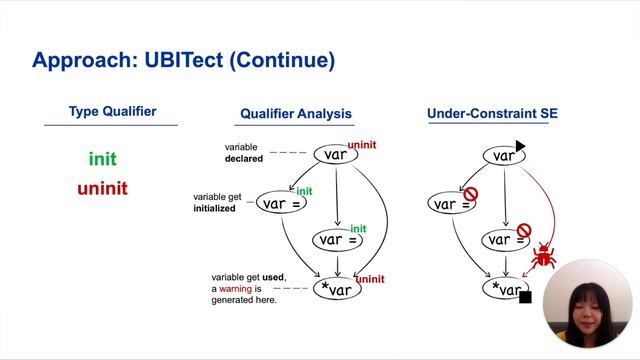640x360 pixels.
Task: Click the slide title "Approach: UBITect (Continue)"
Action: [183, 60]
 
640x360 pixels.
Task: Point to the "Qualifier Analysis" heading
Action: [296, 114]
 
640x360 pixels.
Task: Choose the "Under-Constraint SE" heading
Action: [492, 114]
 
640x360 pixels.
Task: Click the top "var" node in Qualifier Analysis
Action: [336, 155]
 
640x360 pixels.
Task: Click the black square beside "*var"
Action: [525, 297]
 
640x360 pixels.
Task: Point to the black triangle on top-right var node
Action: [520, 147]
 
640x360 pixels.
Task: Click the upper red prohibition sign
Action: [469, 193]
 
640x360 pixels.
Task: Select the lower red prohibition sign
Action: [522, 230]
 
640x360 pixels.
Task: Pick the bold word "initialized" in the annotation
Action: [214, 209]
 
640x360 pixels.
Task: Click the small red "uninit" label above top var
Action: [362, 145]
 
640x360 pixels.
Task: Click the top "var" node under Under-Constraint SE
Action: [503, 156]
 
